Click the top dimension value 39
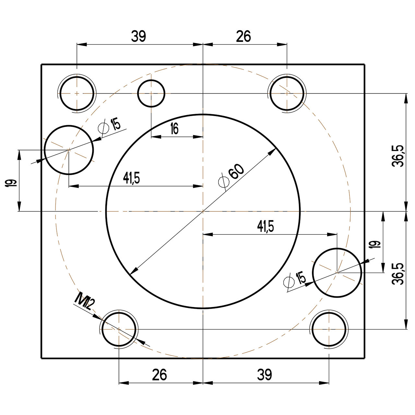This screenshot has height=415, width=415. coord(138,37)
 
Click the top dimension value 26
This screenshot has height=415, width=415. coord(243,37)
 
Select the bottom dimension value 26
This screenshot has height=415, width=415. coord(160,375)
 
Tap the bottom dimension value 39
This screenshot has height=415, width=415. coord(265,375)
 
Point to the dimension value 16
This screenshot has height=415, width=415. coord(174,129)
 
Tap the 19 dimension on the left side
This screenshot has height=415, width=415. coord(11,183)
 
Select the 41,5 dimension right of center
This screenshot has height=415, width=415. coord(266,226)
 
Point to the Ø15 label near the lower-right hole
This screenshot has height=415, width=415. coord(295,280)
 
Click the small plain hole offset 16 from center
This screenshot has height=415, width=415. coord(151,93)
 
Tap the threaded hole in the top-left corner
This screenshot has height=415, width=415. coord(77,93)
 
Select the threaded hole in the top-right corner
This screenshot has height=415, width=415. coord(287,93)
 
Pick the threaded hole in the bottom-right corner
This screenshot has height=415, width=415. coord(329,329)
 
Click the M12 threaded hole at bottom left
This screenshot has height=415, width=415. coord(119,329)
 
